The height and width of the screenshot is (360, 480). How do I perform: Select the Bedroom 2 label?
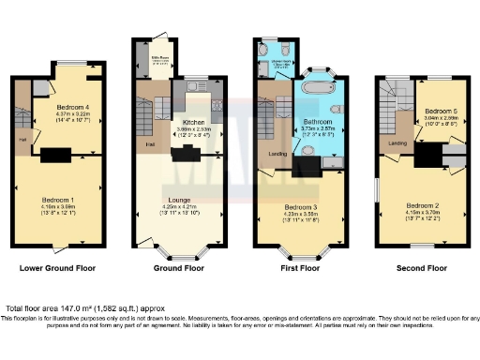(x=422, y=204)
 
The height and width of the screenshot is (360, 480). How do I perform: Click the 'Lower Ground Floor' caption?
(x=57, y=267)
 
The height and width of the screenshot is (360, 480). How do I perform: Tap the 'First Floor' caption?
(x=303, y=267)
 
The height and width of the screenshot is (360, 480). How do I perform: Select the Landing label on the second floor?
(x=397, y=142)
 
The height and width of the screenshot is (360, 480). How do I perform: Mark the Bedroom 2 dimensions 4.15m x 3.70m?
(x=422, y=212)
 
